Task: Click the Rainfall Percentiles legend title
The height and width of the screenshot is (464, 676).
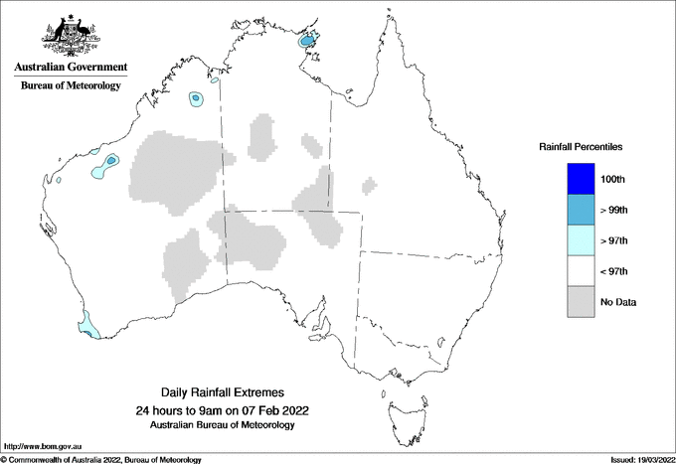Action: [581, 147]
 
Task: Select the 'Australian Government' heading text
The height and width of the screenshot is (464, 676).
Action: [70, 68]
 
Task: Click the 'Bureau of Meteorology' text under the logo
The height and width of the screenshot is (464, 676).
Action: [70, 86]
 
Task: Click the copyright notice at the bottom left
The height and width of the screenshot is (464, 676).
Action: [100, 459]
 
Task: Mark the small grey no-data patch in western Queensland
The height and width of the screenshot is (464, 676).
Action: [369, 185]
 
